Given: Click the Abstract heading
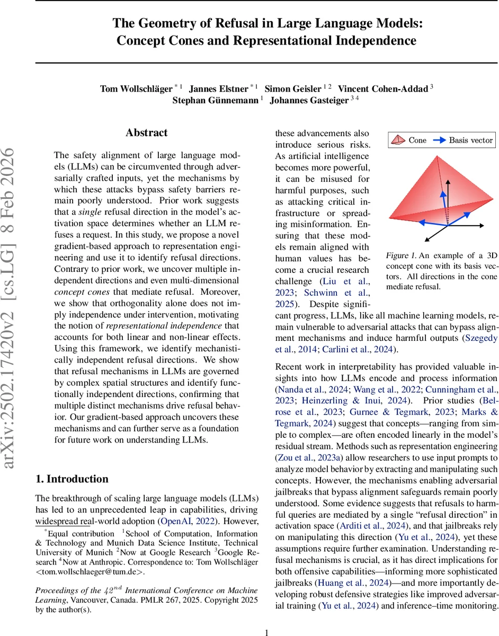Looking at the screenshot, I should click(146, 133).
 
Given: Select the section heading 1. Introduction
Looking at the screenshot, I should click(72, 479).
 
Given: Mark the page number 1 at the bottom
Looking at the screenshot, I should click(266, 617).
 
